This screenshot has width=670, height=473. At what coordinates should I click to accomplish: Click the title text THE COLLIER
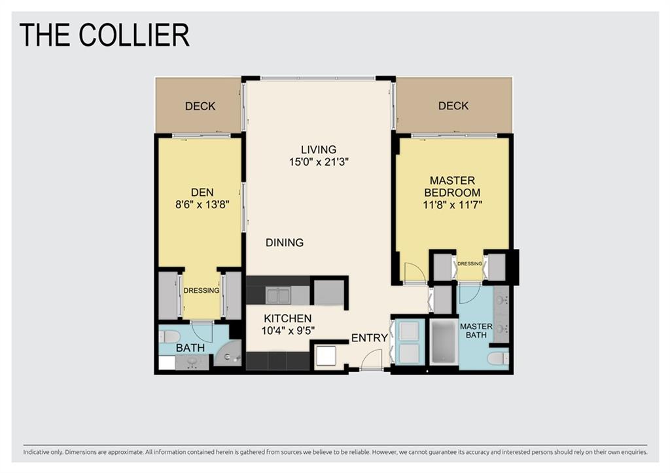click(x=105, y=35)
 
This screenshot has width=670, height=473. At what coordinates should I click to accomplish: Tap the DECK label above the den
click(x=200, y=106)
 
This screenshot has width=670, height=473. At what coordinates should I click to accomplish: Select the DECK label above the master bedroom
click(x=453, y=105)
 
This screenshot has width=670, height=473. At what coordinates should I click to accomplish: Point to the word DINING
click(x=285, y=242)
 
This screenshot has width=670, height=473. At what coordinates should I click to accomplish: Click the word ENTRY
click(x=369, y=338)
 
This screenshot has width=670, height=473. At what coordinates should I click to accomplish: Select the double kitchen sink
click(x=278, y=295)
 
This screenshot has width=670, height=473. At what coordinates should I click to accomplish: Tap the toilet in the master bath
click(x=499, y=358)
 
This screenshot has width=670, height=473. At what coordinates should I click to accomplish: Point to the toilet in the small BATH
click(x=169, y=337)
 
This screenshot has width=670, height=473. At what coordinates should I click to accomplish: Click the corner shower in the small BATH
click(x=230, y=354)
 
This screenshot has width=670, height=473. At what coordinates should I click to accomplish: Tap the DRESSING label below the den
click(x=201, y=291)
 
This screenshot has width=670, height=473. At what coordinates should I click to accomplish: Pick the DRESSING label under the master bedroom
click(x=469, y=264)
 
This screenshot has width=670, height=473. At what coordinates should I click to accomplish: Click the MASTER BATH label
click(x=476, y=331)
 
